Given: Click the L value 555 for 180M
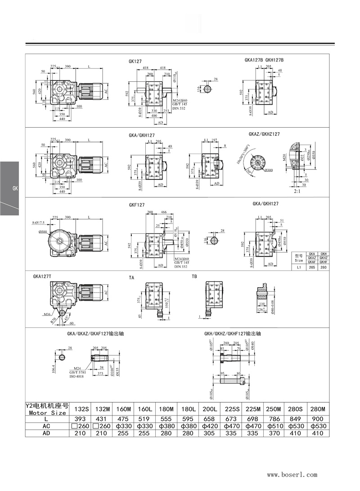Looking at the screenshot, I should coord(166,419).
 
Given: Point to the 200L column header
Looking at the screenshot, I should coord(210,409).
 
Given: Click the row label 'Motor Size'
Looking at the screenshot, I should coord(47,412).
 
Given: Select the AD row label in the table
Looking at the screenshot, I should coord(47,433).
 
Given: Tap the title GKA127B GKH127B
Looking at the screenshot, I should coord(264,60).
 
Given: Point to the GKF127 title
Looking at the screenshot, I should coord(137,205).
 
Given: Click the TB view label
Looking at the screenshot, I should coord(194,277).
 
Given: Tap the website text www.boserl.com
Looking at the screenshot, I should coord(292,474).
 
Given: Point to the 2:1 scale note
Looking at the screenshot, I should coord(297,191).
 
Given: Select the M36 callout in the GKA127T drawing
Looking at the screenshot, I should coord(46,314).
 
